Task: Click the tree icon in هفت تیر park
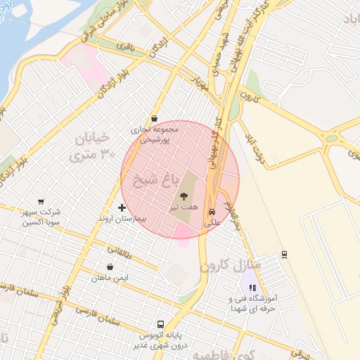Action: (184, 196)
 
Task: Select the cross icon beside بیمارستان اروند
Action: (122, 207)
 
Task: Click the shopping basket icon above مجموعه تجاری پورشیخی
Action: (154, 119)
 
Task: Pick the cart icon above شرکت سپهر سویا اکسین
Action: (41, 201)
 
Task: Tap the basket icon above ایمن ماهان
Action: (110, 266)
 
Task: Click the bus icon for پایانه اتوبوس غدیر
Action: (160, 325)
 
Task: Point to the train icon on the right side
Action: (284, 254)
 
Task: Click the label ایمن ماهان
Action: (110, 278)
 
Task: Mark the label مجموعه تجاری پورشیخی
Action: (155, 134)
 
